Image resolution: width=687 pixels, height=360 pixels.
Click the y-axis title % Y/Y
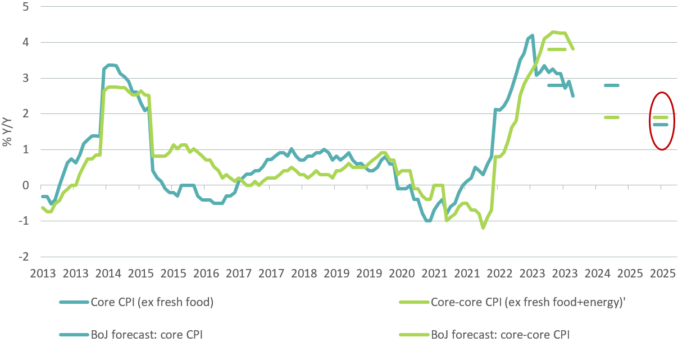8,131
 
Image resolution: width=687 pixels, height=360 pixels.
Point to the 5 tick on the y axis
26,7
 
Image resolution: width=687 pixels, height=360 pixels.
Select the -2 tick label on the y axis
25,257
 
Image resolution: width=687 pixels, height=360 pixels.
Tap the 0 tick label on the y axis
26,185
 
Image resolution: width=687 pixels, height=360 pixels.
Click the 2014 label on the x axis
108,274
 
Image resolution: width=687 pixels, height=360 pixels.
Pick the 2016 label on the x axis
206,274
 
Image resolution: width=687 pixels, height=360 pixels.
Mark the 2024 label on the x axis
597,274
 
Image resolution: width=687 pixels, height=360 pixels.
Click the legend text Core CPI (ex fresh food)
152,302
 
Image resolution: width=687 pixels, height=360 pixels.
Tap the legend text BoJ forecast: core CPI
147,335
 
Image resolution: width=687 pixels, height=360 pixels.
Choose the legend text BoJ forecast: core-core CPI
500,335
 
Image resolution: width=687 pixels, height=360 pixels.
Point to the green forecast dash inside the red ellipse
661,117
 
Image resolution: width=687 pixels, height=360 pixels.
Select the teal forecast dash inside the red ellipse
661,125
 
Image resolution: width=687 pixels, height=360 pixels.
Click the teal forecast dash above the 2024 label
611,85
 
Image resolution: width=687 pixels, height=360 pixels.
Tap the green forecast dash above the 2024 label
611,117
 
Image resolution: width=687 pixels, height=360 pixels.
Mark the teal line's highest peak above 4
531,35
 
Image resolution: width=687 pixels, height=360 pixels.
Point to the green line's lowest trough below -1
483,227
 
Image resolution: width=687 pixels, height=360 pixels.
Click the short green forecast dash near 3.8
556,49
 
